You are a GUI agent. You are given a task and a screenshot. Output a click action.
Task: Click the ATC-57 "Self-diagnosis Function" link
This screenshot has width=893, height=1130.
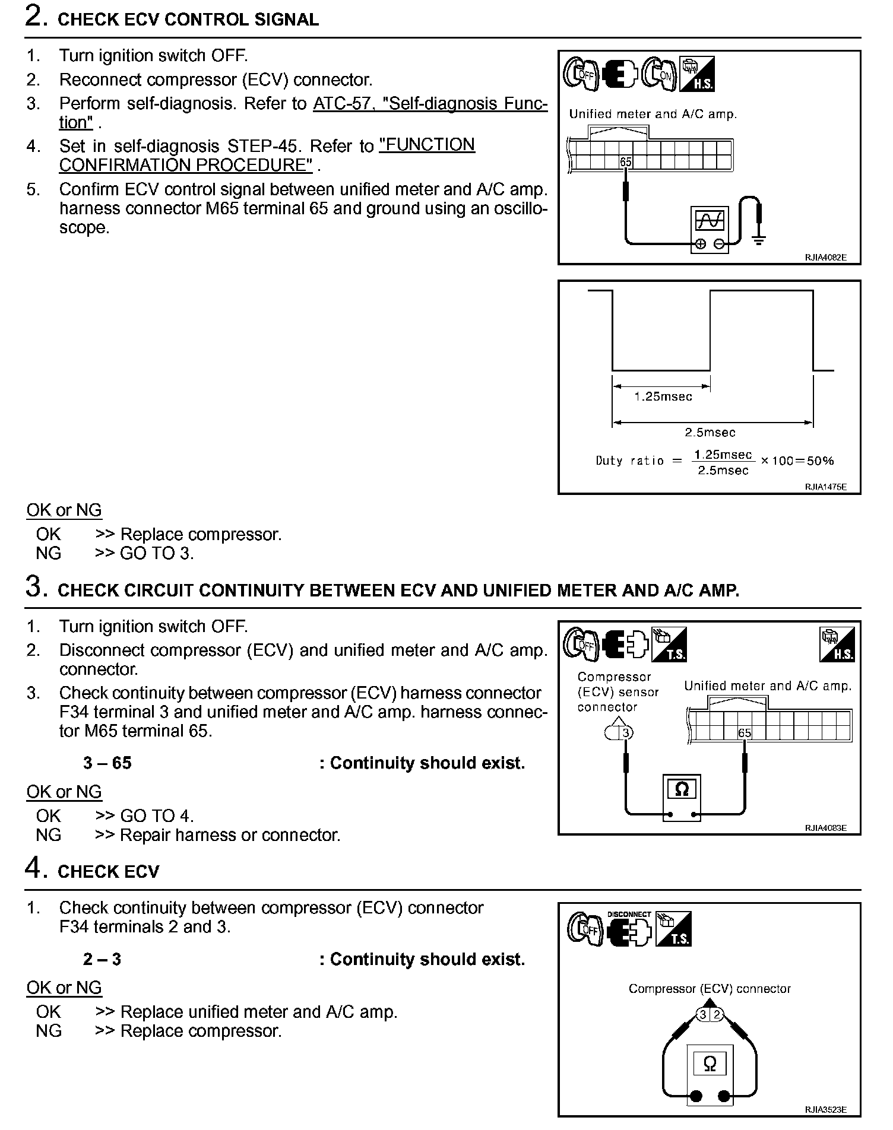click(430, 104)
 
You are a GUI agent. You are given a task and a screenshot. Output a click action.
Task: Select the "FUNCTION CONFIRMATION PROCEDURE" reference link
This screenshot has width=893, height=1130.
click(426, 145)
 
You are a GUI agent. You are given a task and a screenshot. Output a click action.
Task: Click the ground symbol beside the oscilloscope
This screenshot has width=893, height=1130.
click(758, 240)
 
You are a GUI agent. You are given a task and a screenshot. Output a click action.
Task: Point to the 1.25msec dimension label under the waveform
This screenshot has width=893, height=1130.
click(663, 397)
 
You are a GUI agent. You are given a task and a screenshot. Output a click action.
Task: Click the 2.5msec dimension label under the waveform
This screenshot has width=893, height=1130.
click(710, 433)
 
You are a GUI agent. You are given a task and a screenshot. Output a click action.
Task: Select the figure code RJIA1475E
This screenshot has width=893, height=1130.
click(825, 487)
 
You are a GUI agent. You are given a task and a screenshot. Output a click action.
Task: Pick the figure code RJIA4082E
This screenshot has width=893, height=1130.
click(825, 258)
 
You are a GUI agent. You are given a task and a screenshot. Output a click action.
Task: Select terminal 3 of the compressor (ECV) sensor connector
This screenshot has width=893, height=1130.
click(625, 733)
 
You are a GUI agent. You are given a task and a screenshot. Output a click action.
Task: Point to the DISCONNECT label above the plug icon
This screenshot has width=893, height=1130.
click(629, 915)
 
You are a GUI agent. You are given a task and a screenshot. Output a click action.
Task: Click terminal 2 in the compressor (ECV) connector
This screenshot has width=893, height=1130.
click(717, 1014)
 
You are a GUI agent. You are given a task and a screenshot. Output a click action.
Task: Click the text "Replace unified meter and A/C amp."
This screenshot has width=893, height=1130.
click(259, 1012)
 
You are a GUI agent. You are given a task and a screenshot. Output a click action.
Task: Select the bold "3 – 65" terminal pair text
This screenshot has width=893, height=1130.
click(107, 763)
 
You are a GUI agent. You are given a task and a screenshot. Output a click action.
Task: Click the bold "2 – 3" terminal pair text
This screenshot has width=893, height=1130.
click(102, 960)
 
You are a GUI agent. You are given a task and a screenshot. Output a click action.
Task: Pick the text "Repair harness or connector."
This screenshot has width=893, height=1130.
click(230, 835)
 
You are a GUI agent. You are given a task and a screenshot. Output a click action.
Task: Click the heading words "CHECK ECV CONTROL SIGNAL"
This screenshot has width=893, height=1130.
click(188, 20)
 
